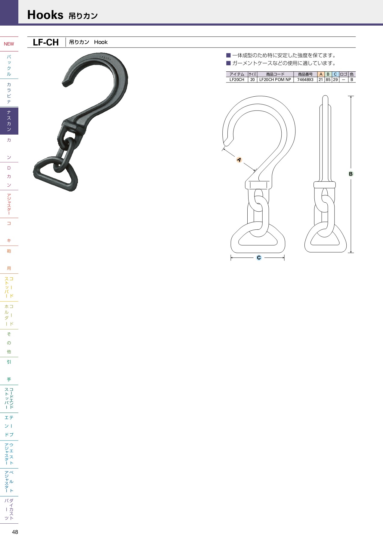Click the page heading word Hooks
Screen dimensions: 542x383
point(45,15)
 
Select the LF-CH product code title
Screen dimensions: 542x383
point(46,42)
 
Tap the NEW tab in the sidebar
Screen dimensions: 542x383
point(9,44)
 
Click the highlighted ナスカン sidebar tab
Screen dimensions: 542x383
point(9,121)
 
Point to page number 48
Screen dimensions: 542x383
point(15,532)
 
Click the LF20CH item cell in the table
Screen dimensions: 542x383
point(237,80)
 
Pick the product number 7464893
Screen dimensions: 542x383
point(305,80)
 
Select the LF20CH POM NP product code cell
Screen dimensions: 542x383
point(275,80)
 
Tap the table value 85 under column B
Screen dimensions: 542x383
point(328,80)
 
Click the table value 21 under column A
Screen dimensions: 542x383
point(321,80)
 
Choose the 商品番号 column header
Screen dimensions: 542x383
point(305,74)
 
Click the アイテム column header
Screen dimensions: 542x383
point(237,74)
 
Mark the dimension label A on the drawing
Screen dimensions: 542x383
point(239,160)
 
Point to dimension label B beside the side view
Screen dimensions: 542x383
point(351,174)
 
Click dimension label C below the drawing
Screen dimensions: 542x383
point(259,258)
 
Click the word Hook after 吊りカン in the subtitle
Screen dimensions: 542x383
point(101,42)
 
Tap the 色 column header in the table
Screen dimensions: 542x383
point(352,74)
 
